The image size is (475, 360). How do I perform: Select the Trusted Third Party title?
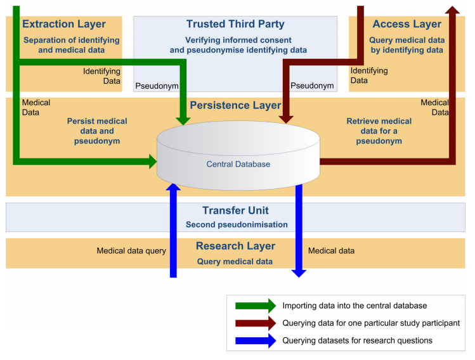[x=235, y=24]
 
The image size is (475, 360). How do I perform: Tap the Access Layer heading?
[x=407, y=24]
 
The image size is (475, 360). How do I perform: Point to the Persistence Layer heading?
[x=235, y=105]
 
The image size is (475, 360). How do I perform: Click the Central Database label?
[x=238, y=164]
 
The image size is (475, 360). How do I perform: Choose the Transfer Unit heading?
[x=235, y=210]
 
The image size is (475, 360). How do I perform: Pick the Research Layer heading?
[x=235, y=246]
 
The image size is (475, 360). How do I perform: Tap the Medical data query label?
[x=131, y=251]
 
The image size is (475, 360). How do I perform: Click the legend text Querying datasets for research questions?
[x=358, y=340]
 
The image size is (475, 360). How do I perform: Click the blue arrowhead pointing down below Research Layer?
[x=299, y=272]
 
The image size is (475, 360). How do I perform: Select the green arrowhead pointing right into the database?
[x=152, y=162]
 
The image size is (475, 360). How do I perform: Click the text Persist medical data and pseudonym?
[x=97, y=131]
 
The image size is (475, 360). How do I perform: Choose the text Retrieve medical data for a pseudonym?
[x=379, y=131]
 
